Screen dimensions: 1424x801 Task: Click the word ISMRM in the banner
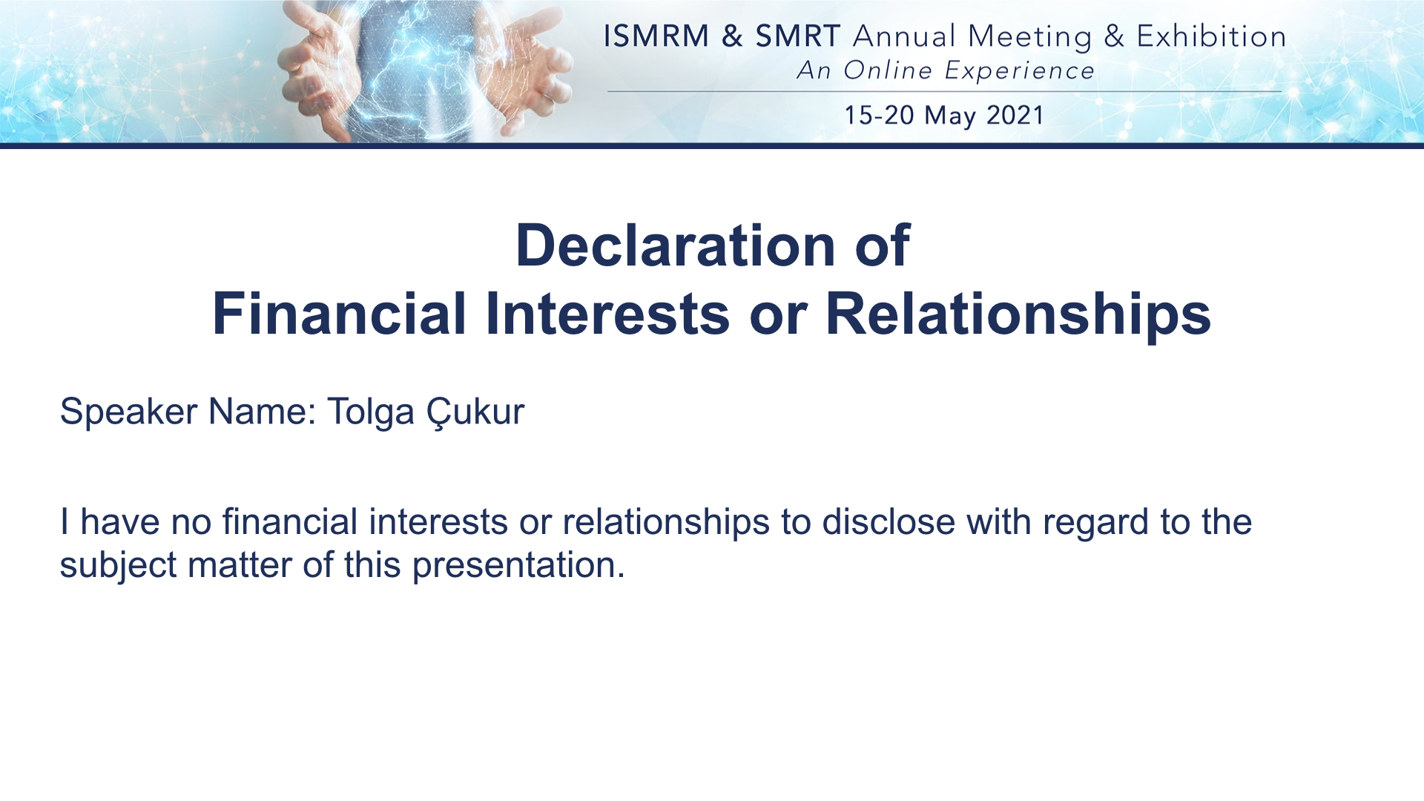(x=656, y=36)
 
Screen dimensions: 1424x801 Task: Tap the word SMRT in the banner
(x=797, y=36)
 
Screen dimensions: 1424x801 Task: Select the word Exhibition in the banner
(x=1211, y=36)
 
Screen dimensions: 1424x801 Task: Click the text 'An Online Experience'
(x=946, y=70)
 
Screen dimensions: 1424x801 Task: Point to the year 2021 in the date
(x=1015, y=116)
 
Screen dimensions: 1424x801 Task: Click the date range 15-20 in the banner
(x=880, y=116)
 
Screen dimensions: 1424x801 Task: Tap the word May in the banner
(x=950, y=117)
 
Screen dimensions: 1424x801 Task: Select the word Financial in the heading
(x=339, y=314)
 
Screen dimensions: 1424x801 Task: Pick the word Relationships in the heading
(x=1018, y=315)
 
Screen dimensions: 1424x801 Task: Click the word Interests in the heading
(x=608, y=314)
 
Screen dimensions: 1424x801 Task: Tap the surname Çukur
(x=475, y=412)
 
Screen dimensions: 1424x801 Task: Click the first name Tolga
(x=371, y=412)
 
